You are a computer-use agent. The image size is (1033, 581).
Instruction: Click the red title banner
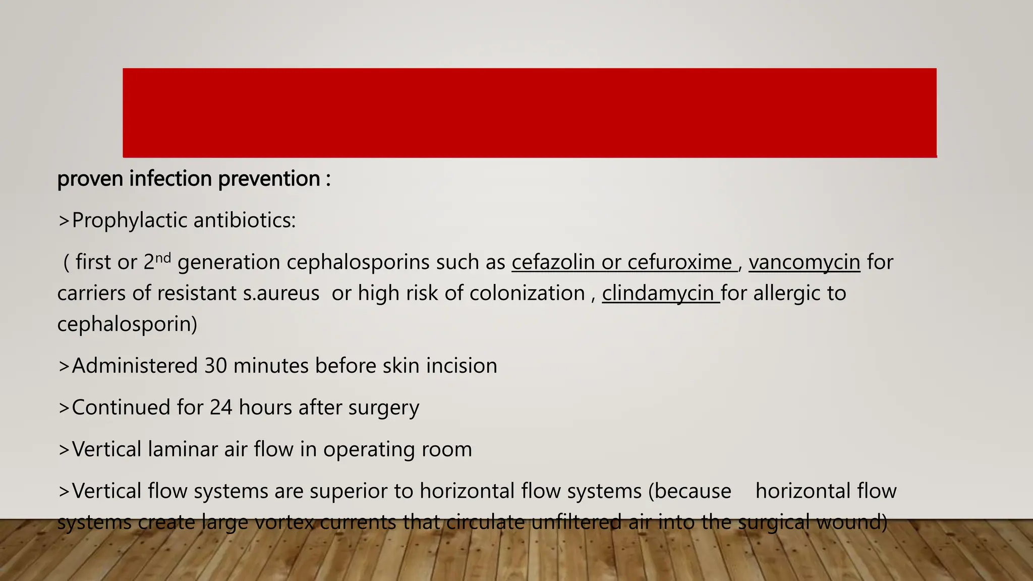point(530,112)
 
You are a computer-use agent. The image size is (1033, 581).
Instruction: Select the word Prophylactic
point(129,220)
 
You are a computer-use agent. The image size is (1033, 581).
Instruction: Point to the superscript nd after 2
point(163,258)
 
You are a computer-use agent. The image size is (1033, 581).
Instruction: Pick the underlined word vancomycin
point(804,262)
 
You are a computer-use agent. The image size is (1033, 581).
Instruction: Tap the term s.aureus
point(281,293)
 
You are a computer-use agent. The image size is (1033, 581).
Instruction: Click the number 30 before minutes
point(215,366)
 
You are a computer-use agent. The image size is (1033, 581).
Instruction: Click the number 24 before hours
point(221,408)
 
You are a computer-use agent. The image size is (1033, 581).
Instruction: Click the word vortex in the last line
point(284,522)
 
